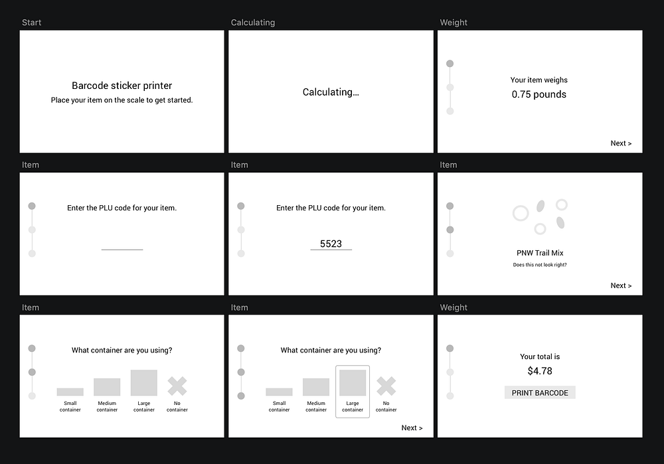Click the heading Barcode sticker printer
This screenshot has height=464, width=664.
(x=122, y=86)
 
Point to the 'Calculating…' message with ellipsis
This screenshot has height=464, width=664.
(x=331, y=92)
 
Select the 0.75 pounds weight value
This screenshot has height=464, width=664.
(x=539, y=94)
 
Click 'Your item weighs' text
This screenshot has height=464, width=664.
(x=539, y=80)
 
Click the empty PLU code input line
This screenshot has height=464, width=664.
(x=122, y=250)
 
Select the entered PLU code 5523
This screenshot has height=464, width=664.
(x=331, y=244)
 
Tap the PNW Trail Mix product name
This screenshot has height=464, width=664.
(x=540, y=253)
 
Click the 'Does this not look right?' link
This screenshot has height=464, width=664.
(x=540, y=265)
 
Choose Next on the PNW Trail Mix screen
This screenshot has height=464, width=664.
(x=621, y=285)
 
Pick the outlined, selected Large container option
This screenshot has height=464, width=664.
(x=353, y=392)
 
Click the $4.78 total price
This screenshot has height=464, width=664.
(x=540, y=371)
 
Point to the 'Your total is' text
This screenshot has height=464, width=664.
(x=540, y=357)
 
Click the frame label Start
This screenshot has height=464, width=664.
(x=31, y=23)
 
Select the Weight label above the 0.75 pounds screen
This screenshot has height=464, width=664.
(x=454, y=23)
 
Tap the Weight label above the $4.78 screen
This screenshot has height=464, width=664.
(x=454, y=307)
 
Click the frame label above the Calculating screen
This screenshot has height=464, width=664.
(x=253, y=23)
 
